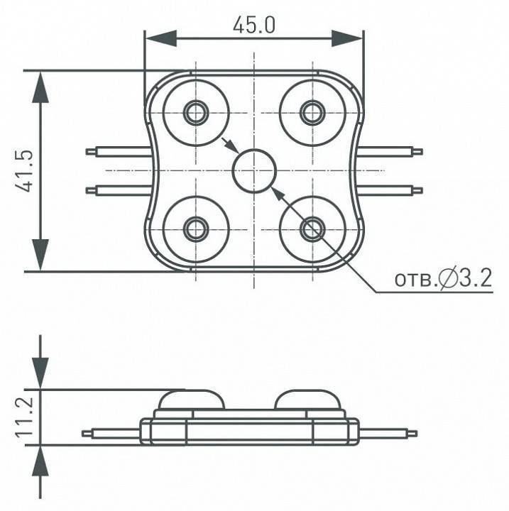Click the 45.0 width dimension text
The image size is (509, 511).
pyautogui.click(x=254, y=25)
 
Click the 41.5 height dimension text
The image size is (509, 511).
pyautogui.click(x=24, y=171)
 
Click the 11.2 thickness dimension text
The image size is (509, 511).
pyautogui.click(x=24, y=417)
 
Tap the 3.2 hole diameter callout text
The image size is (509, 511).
pyautogui.click(x=476, y=278)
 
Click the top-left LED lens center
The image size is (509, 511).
pyautogui.click(x=196, y=113)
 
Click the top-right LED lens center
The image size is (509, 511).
pyautogui.click(x=312, y=113)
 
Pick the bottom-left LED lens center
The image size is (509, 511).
pyautogui.click(x=196, y=229)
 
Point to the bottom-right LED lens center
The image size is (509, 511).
pyautogui.click(x=312, y=229)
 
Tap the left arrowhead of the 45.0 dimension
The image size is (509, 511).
pyautogui.click(x=161, y=39)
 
